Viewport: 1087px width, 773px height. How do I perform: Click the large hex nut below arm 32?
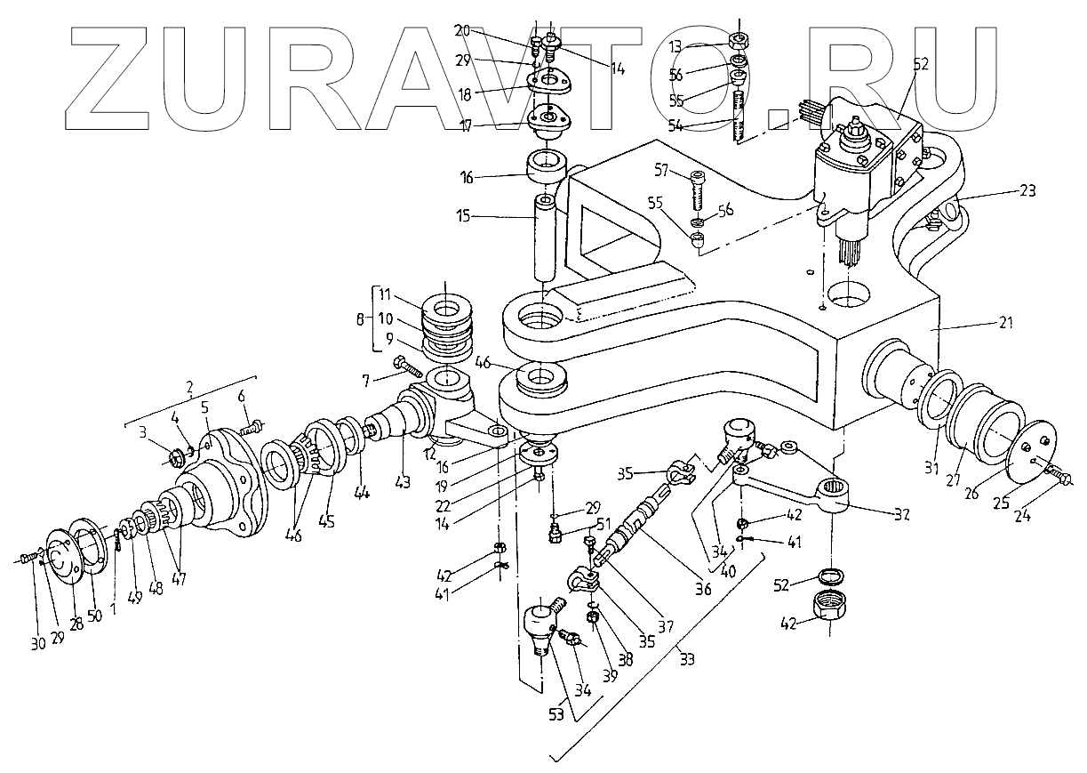point(828,613)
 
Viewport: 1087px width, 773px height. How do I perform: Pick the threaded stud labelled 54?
point(738,117)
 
